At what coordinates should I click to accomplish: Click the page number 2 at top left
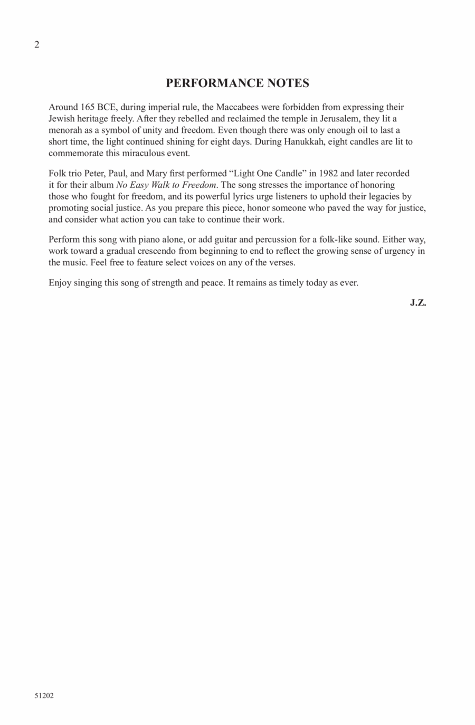(36, 45)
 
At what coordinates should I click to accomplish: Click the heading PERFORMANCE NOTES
(237, 83)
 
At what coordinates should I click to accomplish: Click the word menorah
(64, 130)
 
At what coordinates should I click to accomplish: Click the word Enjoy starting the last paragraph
(60, 282)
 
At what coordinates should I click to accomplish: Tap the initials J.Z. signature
(417, 303)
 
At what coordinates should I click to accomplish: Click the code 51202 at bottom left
(44, 696)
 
